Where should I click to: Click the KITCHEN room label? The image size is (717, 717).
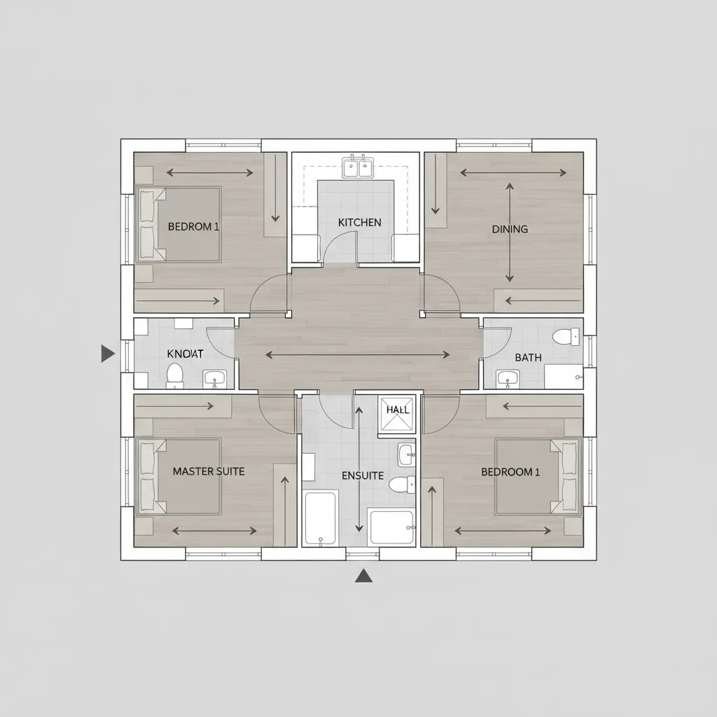click(x=359, y=223)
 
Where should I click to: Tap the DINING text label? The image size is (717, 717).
click(x=510, y=229)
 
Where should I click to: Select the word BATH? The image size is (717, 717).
click(x=528, y=358)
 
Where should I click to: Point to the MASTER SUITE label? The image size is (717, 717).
click(x=209, y=471)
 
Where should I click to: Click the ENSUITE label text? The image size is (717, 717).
click(x=362, y=475)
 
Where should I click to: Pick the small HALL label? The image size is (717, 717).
click(x=397, y=410)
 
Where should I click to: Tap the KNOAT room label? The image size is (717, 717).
click(x=185, y=354)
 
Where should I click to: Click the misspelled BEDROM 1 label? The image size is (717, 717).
click(x=194, y=227)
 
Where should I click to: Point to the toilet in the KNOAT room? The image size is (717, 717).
click(x=175, y=375)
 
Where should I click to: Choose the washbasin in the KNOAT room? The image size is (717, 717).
click(x=214, y=379)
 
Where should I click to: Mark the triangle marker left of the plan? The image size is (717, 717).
click(x=108, y=354)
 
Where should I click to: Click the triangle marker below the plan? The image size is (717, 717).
click(x=363, y=576)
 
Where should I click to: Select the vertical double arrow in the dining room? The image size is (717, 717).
click(x=510, y=232)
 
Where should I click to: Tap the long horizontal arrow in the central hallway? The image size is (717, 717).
click(x=358, y=355)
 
